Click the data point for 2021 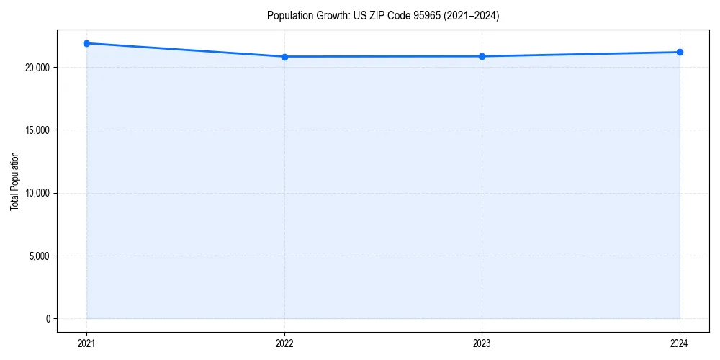pos(86,43)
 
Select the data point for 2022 pos(284,57)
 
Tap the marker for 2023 pos(482,56)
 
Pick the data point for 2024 pos(680,52)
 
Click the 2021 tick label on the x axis pos(86,343)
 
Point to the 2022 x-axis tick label pos(284,343)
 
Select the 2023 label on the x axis pos(482,343)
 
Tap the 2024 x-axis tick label pos(680,343)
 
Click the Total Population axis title pos(14,181)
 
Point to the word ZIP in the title pos(376,16)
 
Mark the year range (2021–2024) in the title pos(470,16)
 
